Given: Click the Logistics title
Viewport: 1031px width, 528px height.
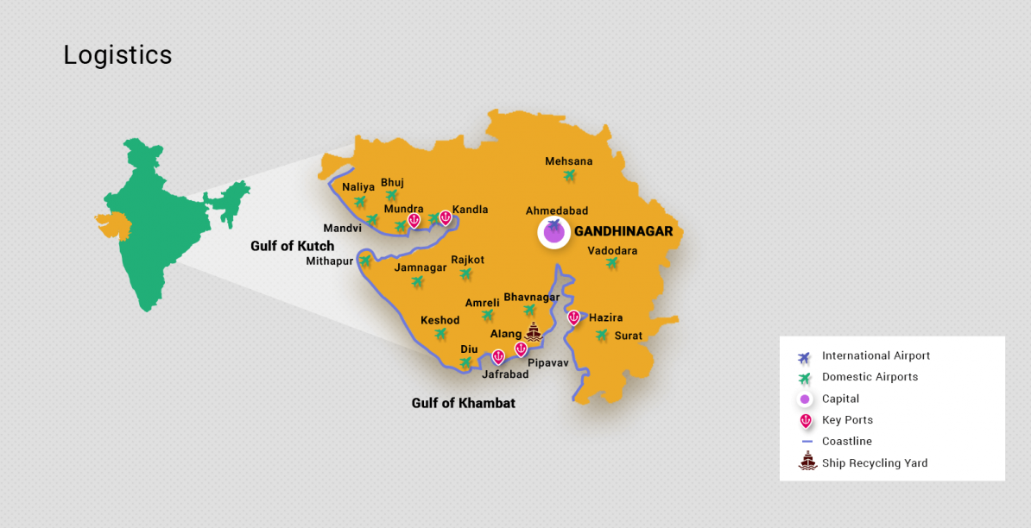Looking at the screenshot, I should [117, 55].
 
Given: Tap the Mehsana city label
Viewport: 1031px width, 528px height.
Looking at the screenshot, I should [568, 161].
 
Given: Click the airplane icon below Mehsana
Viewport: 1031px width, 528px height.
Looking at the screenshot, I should [569, 176].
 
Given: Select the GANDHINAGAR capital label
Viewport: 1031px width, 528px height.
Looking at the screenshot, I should [623, 231].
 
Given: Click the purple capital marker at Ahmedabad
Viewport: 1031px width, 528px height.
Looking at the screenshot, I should [553, 231].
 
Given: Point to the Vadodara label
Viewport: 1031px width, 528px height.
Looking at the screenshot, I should [612, 251].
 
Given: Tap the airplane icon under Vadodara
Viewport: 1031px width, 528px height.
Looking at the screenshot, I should [612, 263].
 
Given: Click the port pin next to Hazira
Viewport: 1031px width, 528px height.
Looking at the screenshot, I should [573, 317].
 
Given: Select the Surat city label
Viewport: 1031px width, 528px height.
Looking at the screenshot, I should [628, 336].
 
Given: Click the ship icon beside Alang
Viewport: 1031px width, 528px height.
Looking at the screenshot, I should [534, 332].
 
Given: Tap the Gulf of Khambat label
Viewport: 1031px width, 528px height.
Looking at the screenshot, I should [463, 403].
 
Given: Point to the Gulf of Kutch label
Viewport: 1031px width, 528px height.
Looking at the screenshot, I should [292, 246].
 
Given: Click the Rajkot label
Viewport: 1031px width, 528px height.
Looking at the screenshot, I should [467, 260].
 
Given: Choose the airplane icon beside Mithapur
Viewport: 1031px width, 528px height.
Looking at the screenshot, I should [365, 261].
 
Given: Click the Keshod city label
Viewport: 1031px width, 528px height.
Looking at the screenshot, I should [440, 320].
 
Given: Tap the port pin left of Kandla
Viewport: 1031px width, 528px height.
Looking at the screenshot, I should [445, 217].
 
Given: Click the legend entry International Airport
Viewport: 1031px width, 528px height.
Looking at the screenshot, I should [876, 355].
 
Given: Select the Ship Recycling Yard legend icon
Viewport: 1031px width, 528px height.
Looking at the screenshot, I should [807, 462].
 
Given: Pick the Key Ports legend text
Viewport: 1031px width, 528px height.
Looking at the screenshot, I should [847, 420].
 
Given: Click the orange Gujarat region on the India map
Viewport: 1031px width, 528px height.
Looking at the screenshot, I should [113, 223].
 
